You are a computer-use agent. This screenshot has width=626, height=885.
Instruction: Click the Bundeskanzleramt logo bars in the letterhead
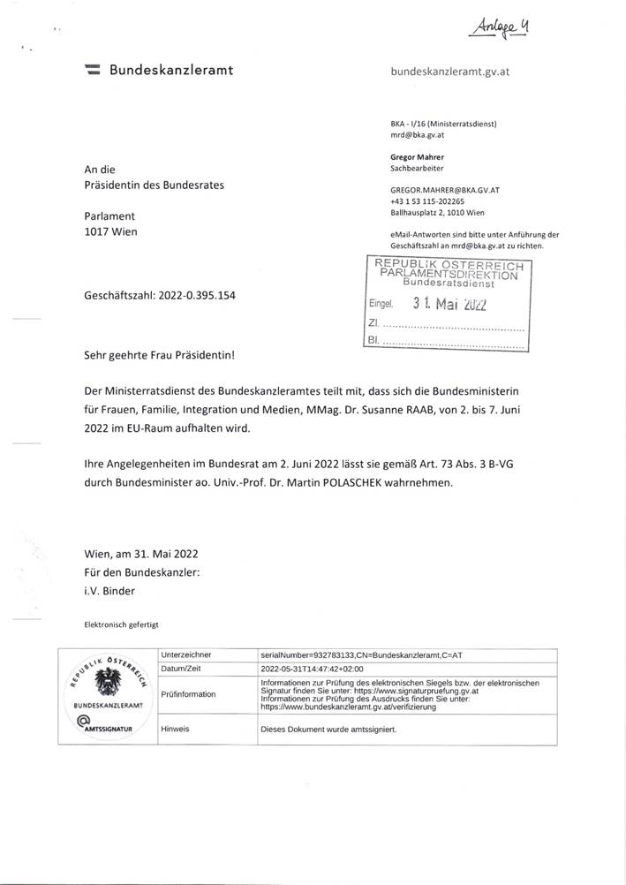click(91, 70)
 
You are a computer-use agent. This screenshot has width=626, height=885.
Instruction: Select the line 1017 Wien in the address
click(112, 232)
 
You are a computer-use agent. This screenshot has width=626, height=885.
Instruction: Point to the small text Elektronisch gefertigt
click(121, 625)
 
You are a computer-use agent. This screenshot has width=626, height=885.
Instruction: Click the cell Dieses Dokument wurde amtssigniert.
click(327, 731)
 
